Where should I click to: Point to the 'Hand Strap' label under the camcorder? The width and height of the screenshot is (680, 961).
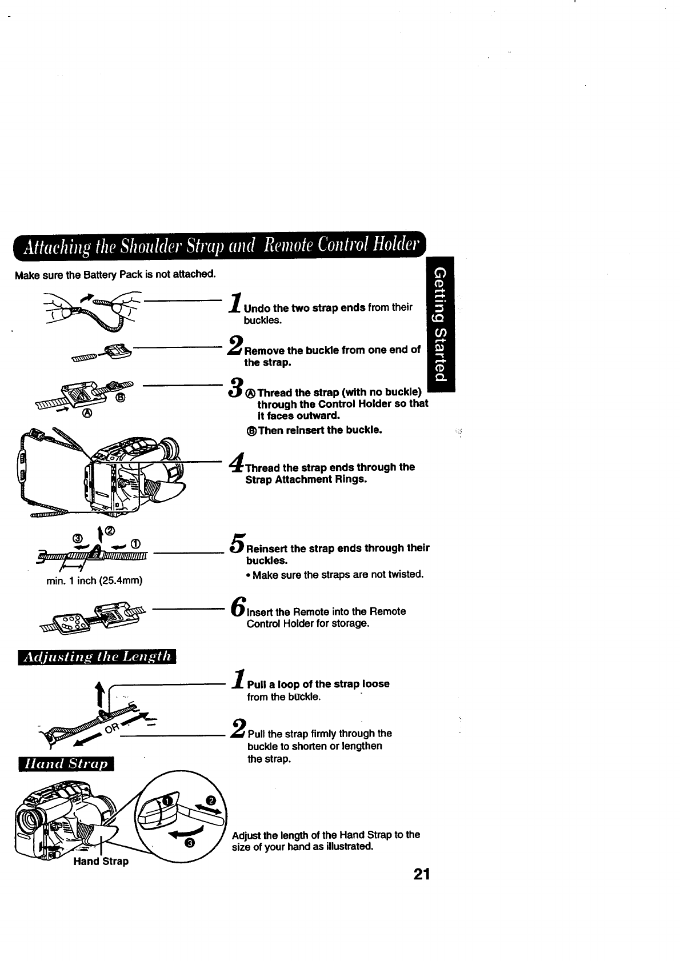101,861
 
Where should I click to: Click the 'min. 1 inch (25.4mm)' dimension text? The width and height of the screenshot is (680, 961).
94,581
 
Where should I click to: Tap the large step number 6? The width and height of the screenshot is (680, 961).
238,607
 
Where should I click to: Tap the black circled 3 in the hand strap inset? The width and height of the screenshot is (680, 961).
191,843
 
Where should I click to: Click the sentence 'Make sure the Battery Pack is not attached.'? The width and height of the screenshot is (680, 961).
115,274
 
